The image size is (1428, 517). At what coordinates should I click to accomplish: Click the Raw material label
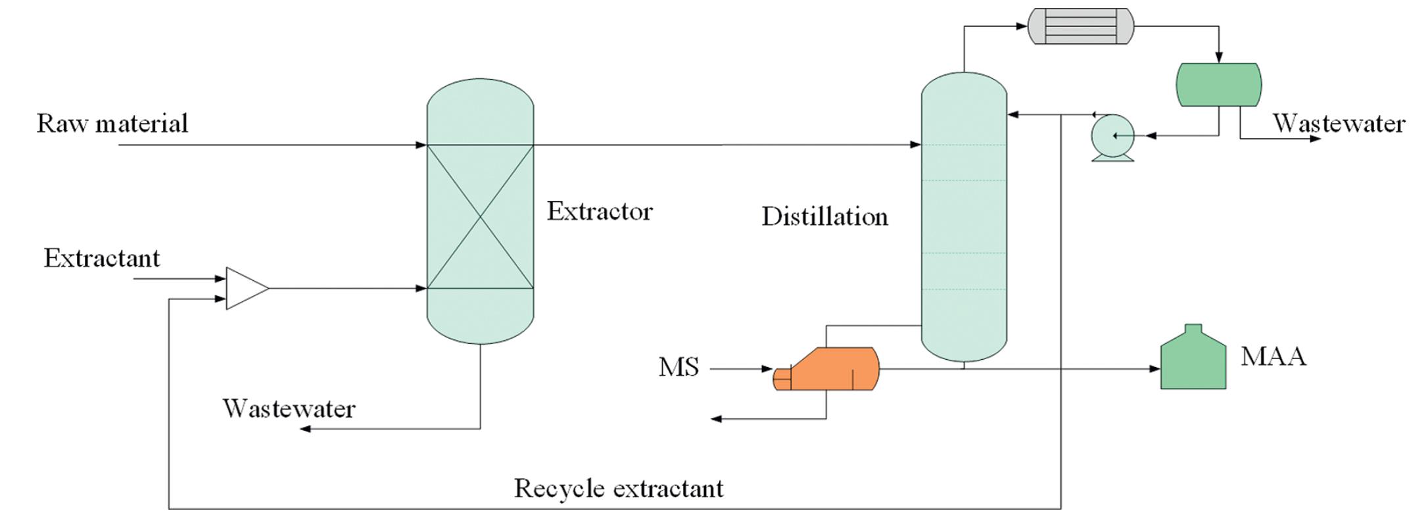(x=112, y=123)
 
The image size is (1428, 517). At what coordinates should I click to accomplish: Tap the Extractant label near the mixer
(x=102, y=258)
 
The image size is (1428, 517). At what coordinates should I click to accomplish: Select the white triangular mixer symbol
(x=245, y=288)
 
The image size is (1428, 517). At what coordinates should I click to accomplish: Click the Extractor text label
(x=600, y=211)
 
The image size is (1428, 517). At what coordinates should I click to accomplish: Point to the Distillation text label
(x=824, y=216)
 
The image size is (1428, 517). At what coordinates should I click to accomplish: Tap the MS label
(x=678, y=367)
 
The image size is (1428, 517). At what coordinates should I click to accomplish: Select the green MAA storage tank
(x=1193, y=360)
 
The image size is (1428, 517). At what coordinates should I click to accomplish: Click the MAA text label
(x=1273, y=357)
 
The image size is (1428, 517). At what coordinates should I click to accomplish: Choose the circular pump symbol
(x=1112, y=136)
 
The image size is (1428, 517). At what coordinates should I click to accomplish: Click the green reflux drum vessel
(x=1218, y=85)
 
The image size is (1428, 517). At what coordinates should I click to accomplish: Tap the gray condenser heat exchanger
(x=1081, y=26)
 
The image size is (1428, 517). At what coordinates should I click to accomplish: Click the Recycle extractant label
(x=619, y=488)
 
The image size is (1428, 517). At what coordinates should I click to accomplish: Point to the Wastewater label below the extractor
(x=289, y=408)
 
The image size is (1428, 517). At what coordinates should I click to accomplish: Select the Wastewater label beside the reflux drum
(x=1339, y=123)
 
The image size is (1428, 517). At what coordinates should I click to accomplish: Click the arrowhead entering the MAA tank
(x=1155, y=369)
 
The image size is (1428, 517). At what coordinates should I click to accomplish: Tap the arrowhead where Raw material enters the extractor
(x=421, y=145)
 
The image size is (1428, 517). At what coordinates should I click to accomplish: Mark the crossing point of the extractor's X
(x=481, y=216)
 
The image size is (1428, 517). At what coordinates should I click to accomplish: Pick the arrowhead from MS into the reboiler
(x=767, y=369)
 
